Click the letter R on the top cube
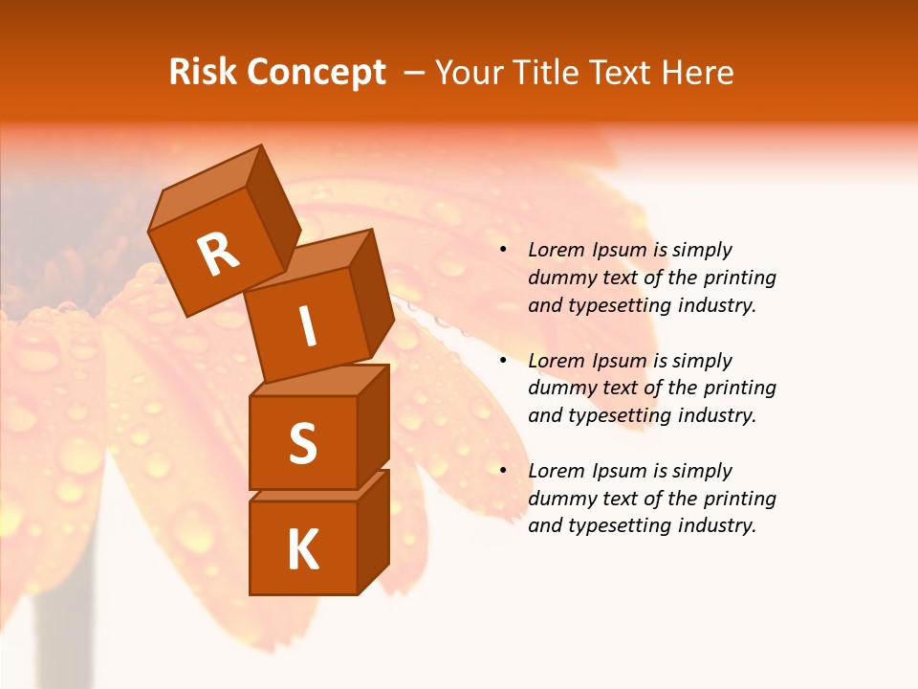click(x=218, y=254)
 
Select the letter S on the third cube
click(x=302, y=443)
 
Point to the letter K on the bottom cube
click(x=302, y=549)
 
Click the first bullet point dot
click(x=503, y=251)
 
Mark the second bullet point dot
click(x=503, y=362)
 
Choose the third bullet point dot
click(x=503, y=472)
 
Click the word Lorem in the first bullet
click(x=554, y=251)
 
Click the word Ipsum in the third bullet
click(x=619, y=472)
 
